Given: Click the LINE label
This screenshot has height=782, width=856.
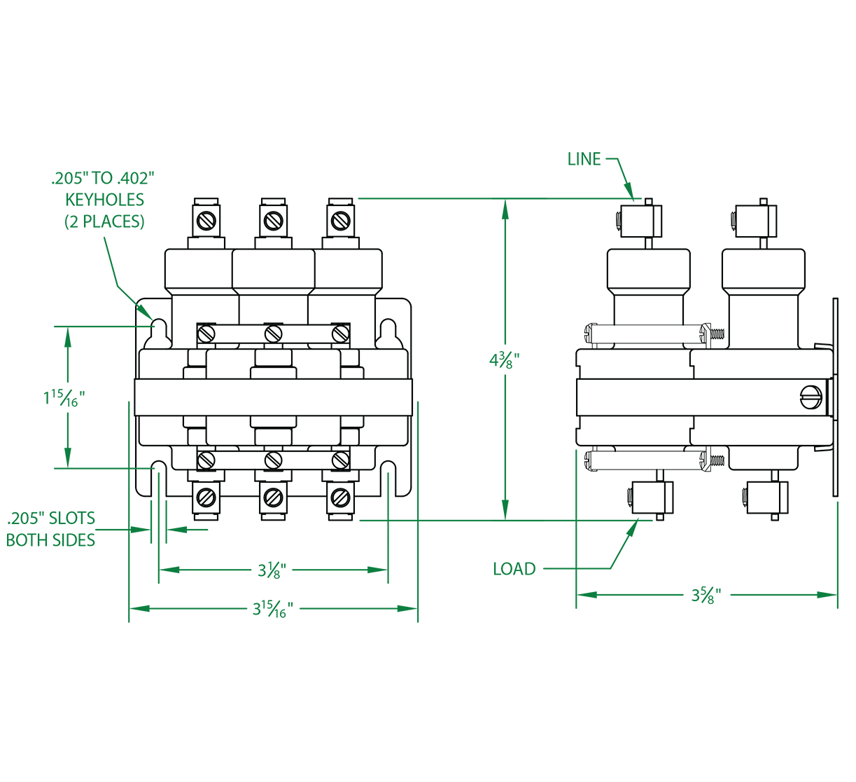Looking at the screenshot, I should coord(584,159).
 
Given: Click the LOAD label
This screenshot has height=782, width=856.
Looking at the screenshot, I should coord(514,569).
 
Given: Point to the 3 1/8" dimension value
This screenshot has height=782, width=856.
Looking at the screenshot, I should coord(274,570).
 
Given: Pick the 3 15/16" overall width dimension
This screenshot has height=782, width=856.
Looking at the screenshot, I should coord(272,609).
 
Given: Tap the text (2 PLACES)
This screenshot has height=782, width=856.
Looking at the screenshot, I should coord(105,222).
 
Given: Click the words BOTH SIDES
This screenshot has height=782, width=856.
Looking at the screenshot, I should coord(51,540).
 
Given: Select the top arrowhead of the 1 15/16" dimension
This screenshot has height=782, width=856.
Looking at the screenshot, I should coord(67,334).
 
